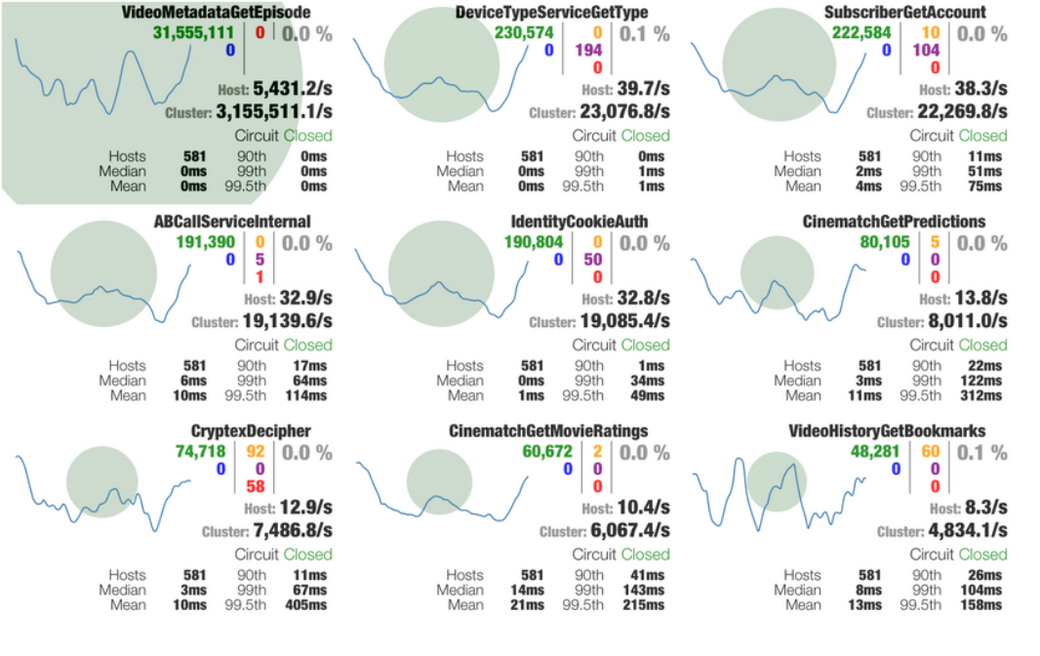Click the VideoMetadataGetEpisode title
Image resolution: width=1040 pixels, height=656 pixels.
[218, 13]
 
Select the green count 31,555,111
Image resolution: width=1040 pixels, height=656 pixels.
[193, 32]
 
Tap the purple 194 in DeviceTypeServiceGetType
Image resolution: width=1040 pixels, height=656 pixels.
[589, 50]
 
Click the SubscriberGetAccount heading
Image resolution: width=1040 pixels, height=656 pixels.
[904, 13]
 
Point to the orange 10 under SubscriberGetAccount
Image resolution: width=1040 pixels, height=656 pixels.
[932, 32]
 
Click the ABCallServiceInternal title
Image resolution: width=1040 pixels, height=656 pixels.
[232, 223]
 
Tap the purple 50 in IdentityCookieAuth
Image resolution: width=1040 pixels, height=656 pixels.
[592, 260]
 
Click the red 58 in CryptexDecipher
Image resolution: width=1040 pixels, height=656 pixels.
[256, 486]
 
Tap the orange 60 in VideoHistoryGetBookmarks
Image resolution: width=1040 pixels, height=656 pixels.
[932, 452]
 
